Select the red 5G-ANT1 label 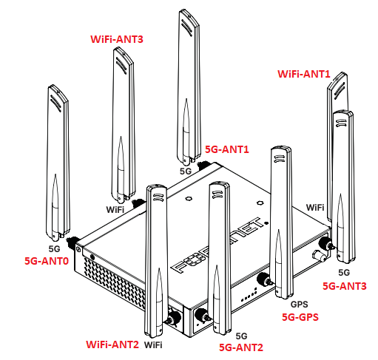click(x=226, y=149)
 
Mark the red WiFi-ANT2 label click(x=112, y=344)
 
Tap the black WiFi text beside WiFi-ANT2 click(x=154, y=344)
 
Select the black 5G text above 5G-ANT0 click(x=53, y=248)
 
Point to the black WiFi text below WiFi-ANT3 click(x=115, y=210)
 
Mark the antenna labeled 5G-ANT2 click(x=220, y=251)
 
